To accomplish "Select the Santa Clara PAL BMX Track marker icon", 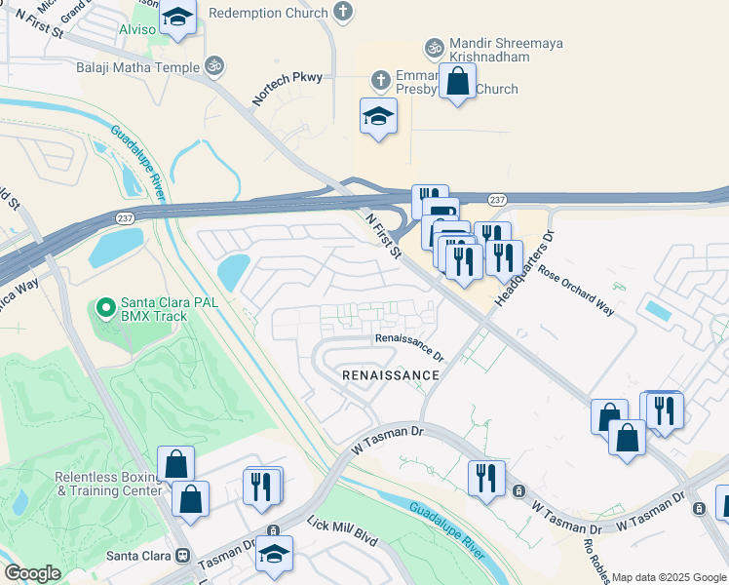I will coord(106,310).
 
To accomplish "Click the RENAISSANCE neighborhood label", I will coord(390,374).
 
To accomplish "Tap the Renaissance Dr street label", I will coord(410,339).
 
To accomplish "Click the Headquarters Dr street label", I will coord(524,269).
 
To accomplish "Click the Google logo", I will coord(32,573).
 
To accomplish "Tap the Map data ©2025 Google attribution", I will coord(670,577).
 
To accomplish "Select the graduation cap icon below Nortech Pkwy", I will coord(378,117).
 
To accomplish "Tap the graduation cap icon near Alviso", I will coord(177,17).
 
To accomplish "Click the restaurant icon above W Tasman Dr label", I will coord(484,477).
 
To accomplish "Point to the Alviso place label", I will coord(136,29).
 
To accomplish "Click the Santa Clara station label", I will coord(137,555).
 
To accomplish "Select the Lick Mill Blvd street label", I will coord(341,531).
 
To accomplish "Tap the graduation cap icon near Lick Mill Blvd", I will coord(275,554).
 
